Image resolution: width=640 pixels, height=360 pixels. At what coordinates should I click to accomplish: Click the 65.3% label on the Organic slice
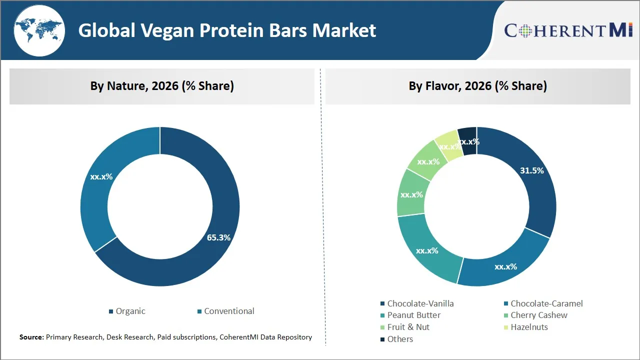click(218, 237)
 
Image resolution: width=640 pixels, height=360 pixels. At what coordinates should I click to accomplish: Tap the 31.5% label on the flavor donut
click(531, 170)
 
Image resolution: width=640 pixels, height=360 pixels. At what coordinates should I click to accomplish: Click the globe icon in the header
click(39, 30)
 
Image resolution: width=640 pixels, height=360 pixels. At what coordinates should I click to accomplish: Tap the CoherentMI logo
click(568, 30)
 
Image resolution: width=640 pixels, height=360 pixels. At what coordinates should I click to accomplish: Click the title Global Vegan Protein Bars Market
click(227, 30)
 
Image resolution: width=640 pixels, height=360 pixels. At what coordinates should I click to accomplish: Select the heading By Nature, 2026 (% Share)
click(162, 86)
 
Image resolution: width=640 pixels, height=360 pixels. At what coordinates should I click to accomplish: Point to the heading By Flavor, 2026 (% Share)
click(477, 86)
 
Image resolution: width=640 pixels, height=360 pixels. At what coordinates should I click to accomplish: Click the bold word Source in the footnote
click(31, 337)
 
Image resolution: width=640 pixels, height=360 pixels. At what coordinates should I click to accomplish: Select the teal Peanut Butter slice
click(427, 250)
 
